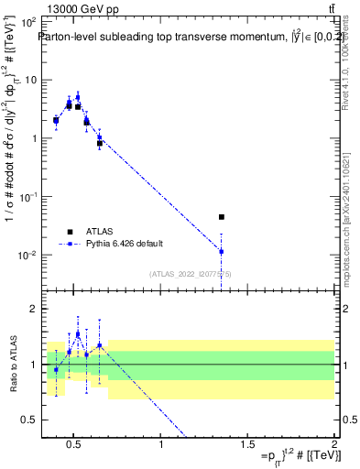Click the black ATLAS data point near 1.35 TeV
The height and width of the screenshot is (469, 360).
coord(222,217)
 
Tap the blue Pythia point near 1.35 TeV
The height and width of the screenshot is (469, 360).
coord(222,251)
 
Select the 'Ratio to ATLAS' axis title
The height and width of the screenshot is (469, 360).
coord(10,365)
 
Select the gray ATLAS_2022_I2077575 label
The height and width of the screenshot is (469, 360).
coord(190,274)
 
